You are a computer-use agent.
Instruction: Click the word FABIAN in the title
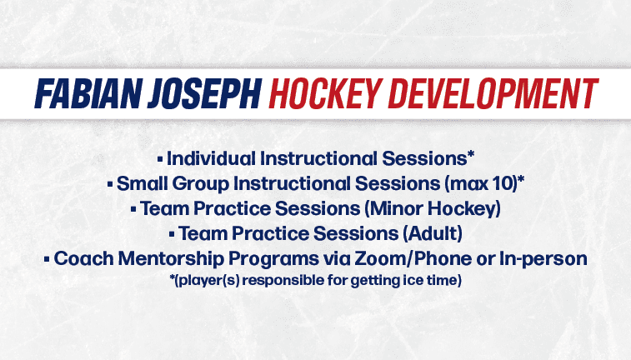coord(87,93)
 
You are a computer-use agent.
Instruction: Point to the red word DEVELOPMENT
coord(493,93)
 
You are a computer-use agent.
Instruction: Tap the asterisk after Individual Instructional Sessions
coord(470,154)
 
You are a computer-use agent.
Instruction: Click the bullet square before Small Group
coord(110,185)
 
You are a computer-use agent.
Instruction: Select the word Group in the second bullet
coord(200,184)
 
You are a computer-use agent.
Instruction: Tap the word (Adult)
coord(433,233)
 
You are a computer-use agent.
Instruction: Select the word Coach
coord(83,258)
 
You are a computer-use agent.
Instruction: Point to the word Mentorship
coord(171,258)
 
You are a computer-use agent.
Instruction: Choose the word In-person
coord(543,259)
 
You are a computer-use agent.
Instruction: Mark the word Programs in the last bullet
coord(273,259)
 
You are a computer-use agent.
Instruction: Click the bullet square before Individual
coord(160,160)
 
